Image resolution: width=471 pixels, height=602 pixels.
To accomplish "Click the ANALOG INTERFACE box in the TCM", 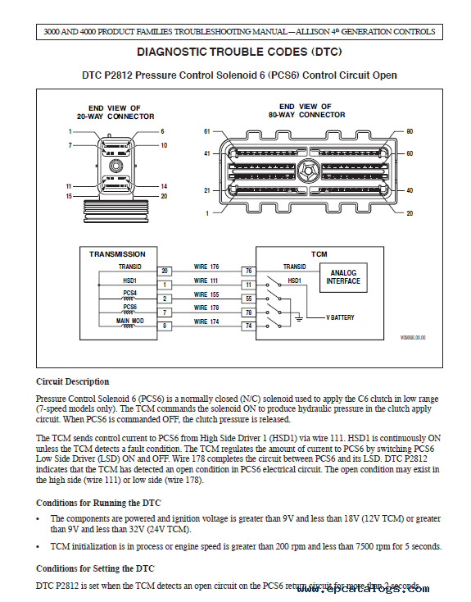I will pyautogui.click(x=343, y=276).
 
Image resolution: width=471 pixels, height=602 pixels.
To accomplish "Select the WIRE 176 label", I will pyautogui.click(x=206, y=267).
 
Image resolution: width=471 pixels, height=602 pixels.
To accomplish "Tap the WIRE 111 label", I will pyautogui.click(x=206, y=280).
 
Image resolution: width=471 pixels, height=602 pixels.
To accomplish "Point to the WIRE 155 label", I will pyautogui.click(x=206, y=294).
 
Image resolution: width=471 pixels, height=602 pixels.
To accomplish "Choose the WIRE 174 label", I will pyautogui.click(x=206, y=322).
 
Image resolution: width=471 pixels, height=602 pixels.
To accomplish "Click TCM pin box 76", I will pyautogui.click(x=247, y=270).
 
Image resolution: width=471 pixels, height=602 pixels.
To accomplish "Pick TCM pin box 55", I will pyautogui.click(x=247, y=299).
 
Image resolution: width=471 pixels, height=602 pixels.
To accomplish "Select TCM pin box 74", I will pyautogui.click(x=247, y=326).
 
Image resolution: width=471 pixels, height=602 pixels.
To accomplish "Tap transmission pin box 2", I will pyautogui.click(x=165, y=299).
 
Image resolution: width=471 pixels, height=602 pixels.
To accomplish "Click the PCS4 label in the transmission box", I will pyautogui.click(x=129, y=293).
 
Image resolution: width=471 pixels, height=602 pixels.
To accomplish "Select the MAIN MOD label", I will pyautogui.click(x=129, y=321).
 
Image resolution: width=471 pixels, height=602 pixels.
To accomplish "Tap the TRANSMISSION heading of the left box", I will pyautogui.click(x=117, y=254).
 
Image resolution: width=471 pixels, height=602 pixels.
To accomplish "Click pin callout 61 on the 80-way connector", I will pyautogui.click(x=207, y=131).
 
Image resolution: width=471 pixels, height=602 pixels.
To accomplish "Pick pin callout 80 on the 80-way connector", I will pyautogui.click(x=410, y=131).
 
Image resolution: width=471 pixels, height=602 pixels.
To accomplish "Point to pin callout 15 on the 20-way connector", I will pyautogui.click(x=69, y=197).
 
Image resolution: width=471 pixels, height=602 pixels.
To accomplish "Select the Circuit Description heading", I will pyautogui.click(x=72, y=381).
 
